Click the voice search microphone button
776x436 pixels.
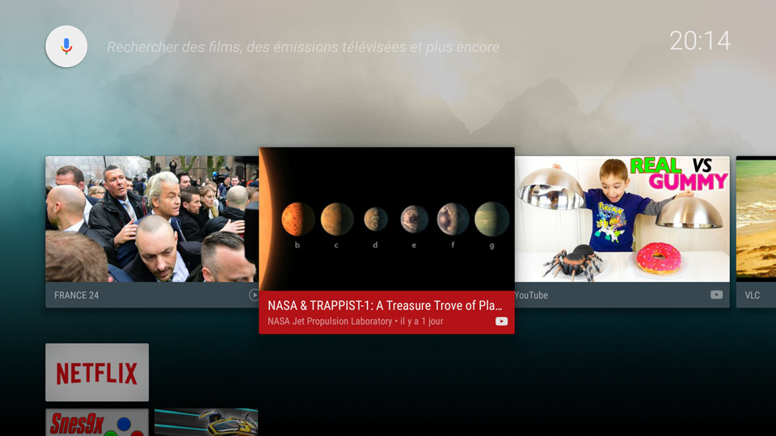[x=66, y=47]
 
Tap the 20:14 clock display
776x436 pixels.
[x=700, y=40]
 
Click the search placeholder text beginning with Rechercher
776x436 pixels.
[x=303, y=47]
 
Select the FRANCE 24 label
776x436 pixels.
[x=76, y=296]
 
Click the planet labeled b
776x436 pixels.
[x=297, y=219]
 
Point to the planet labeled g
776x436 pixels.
[x=491, y=219]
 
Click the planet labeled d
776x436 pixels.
[x=376, y=219]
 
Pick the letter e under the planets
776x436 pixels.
[x=414, y=245]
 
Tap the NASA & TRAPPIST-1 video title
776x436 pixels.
[x=385, y=305]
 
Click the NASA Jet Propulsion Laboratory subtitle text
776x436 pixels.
[x=330, y=321]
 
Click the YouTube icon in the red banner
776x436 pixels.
[x=501, y=321]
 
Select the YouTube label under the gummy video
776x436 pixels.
[x=531, y=296]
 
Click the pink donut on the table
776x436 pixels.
[x=659, y=258]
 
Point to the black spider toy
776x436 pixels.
[x=574, y=262]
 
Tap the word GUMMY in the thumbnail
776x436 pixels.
[x=689, y=182]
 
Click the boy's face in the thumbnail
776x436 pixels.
[x=614, y=175]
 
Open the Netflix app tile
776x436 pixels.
[x=97, y=372]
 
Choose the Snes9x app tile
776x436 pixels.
[x=97, y=422]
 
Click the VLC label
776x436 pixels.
[x=753, y=296]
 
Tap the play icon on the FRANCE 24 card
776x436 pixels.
[x=254, y=296]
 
